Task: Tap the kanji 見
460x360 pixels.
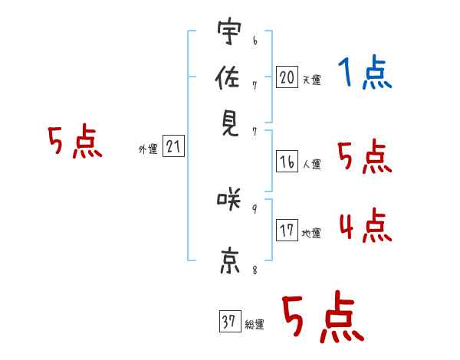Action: tap(230, 119)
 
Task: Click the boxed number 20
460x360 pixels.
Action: tap(287, 77)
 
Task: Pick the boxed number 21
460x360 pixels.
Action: tap(173, 147)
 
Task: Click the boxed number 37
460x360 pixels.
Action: tap(229, 322)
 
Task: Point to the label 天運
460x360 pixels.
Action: tap(311, 80)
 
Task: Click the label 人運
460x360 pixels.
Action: tap(311, 164)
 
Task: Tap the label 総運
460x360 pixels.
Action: tap(254, 324)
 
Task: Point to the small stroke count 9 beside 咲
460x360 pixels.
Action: tap(255, 208)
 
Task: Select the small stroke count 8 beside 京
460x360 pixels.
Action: tap(255, 269)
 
